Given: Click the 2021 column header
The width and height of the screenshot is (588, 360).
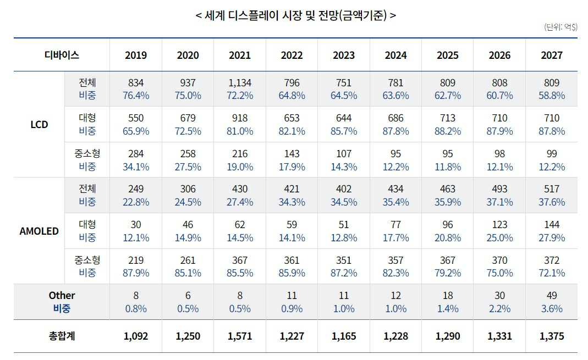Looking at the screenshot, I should tap(239, 55).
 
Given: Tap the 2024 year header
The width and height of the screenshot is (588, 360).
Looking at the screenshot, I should tap(395, 55).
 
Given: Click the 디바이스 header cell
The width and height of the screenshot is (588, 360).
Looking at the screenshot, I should tap(62, 55).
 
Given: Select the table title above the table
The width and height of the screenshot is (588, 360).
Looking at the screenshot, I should tap(295, 15).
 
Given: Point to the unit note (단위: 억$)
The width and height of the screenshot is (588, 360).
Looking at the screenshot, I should tap(560, 27).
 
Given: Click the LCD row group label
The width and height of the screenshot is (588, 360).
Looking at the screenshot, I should tap(39, 124).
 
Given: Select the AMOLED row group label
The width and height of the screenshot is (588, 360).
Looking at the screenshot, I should tap(39, 231).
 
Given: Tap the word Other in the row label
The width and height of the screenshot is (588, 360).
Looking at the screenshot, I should tap(62, 296).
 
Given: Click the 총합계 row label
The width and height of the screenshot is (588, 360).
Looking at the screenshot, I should tap(62, 336).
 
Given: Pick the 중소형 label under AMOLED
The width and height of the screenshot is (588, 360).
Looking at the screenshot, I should tap(87, 260).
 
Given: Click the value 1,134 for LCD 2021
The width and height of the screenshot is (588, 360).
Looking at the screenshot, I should tap(239, 82).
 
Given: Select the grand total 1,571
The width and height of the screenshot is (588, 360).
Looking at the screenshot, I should tap(239, 336).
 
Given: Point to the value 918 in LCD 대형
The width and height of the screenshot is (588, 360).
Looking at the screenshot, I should tap(239, 118).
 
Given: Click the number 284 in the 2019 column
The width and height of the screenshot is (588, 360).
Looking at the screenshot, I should tap(136, 153).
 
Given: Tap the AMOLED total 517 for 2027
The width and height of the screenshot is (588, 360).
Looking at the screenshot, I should tap(551, 189).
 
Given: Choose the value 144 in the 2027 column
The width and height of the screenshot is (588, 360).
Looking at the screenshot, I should tap(551, 224).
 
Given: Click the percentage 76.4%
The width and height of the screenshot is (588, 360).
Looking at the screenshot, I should tap(136, 96).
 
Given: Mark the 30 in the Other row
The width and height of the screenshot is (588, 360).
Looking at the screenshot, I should tap(499, 296).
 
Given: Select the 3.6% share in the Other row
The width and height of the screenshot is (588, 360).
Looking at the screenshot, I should tap(551, 309).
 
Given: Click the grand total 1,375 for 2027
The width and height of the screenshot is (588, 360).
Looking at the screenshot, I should tap(551, 336).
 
